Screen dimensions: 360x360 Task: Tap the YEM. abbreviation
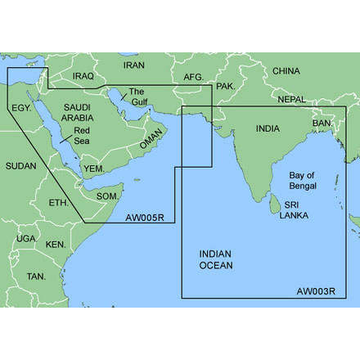(x=95, y=168)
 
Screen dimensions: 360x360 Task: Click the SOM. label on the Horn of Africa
(x=109, y=196)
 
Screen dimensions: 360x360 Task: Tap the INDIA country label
(x=267, y=128)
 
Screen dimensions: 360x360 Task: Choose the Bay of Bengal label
(x=308, y=182)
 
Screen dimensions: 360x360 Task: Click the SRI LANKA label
(x=294, y=210)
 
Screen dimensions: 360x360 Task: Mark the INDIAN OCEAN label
(x=216, y=259)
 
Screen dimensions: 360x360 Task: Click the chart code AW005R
(x=143, y=218)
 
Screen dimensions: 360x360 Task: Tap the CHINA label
(x=286, y=71)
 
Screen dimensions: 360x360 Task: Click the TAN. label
(x=36, y=277)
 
